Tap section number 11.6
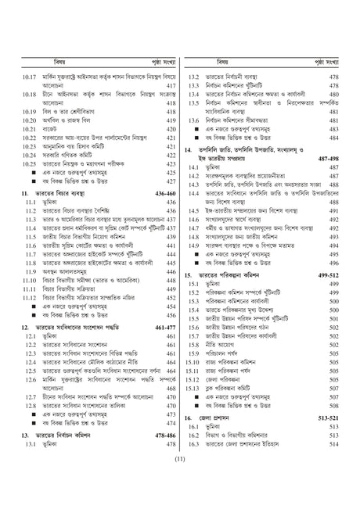tap(30, 246)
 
